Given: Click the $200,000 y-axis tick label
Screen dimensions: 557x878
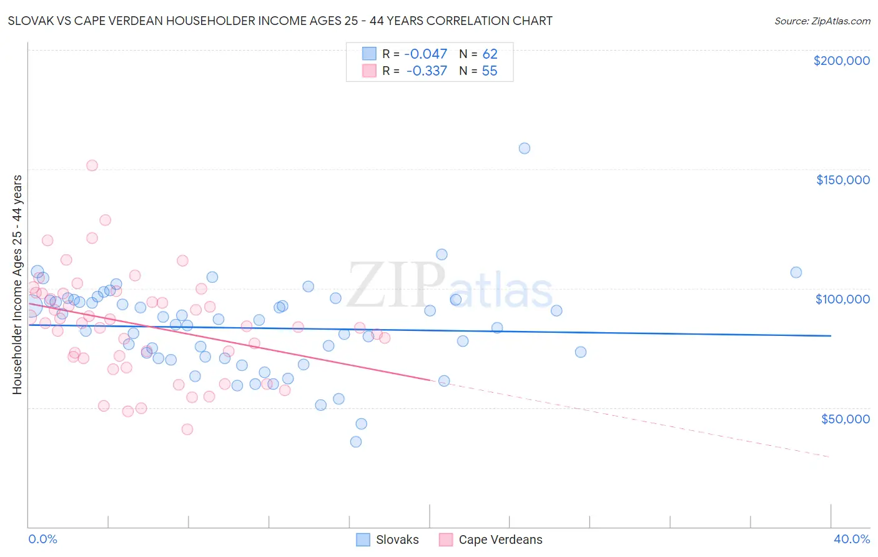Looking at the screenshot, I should pyautogui.click(x=841, y=61).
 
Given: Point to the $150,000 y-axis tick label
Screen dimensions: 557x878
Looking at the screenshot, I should pyautogui.click(x=842, y=180).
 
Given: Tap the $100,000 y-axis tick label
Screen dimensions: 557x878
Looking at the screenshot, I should pyautogui.click(x=842, y=299).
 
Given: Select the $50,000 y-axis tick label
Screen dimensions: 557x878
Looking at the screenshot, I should pyautogui.click(x=845, y=418).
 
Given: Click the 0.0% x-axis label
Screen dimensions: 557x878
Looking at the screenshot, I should pyautogui.click(x=42, y=539).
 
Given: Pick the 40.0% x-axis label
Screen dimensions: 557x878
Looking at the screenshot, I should pyautogui.click(x=851, y=539).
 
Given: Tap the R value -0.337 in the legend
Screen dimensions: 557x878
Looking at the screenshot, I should pyautogui.click(x=427, y=71).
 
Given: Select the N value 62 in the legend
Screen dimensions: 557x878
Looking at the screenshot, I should pyautogui.click(x=490, y=54).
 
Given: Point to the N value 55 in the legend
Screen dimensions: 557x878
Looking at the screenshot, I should pyautogui.click(x=490, y=71).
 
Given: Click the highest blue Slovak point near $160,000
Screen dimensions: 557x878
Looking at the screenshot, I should pyautogui.click(x=525, y=149).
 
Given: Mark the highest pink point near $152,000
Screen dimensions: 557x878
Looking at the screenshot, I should pyautogui.click(x=92, y=165).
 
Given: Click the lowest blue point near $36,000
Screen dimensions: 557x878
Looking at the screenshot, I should pyautogui.click(x=356, y=442).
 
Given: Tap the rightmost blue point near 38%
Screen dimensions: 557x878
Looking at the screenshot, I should pyautogui.click(x=796, y=272).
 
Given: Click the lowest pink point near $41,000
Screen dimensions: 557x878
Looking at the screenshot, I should pyautogui.click(x=187, y=430).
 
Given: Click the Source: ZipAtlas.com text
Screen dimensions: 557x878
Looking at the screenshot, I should pyautogui.click(x=822, y=21).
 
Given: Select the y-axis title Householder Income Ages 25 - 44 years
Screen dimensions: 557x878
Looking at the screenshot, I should pyautogui.click(x=17, y=285).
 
